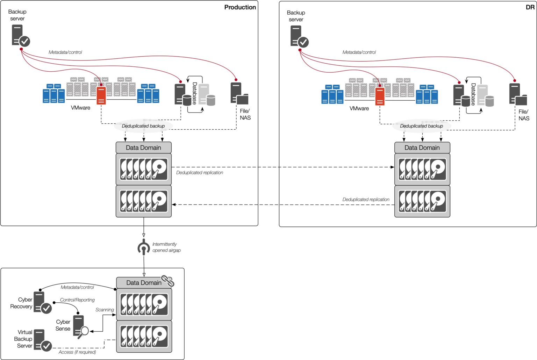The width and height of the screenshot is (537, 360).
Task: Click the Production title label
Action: tap(240, 7)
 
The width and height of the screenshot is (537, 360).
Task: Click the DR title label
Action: tap(530, 7)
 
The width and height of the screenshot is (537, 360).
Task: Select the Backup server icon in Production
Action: tap(20, 36)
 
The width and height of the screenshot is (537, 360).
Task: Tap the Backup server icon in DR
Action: tap(299, 37)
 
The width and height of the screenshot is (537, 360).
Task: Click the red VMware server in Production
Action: tap(101, 95)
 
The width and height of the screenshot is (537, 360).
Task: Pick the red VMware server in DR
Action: tap(380, 96)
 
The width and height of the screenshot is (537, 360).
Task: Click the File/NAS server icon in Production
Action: tap(239, 94)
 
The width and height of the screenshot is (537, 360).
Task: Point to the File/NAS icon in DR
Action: tap(517, 94)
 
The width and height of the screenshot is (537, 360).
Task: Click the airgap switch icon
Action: tap(144, 247)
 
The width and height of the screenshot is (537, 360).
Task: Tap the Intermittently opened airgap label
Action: tap(166, 247)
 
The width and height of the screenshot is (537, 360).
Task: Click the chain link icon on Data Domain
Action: tap(168, 281)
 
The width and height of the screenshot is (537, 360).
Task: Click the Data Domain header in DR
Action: tap(422, 147)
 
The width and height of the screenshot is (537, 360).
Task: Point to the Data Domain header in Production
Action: tap(143, 147)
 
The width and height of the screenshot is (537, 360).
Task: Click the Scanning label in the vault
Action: tap(105, 310)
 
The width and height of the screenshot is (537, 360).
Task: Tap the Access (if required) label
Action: tap(77, 352)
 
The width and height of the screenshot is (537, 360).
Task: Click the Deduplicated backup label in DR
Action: tap(421, 126)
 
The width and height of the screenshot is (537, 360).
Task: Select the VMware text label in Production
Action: tap(80, 108)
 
